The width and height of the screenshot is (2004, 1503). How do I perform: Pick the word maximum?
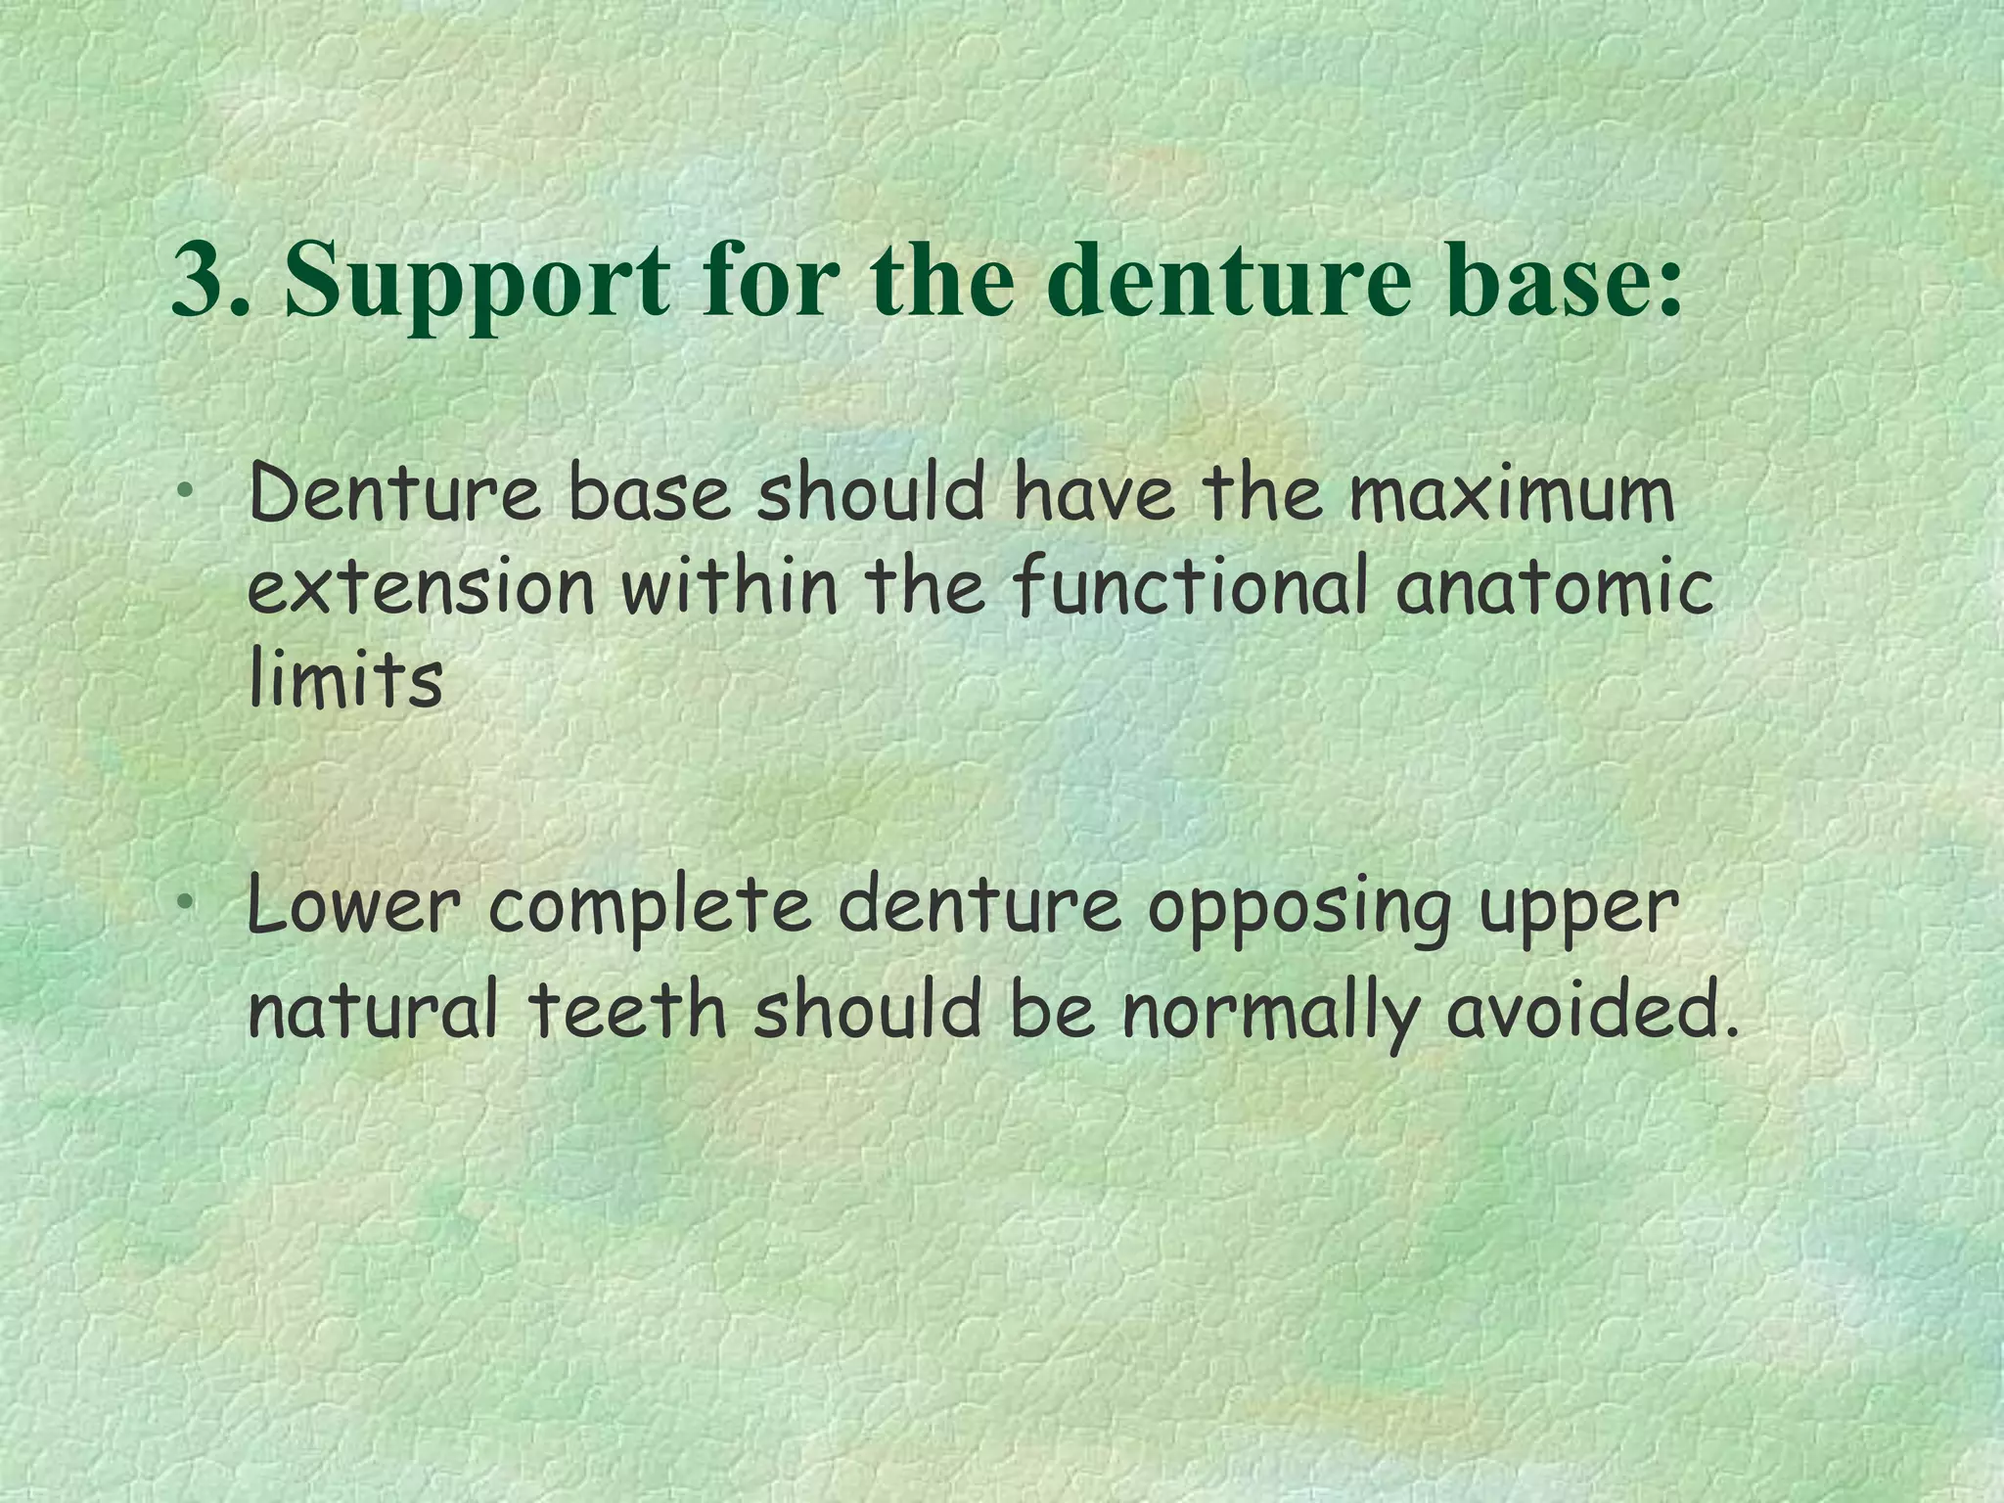tap(1511, 495)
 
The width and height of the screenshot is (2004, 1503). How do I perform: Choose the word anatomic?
tap(1555, 588)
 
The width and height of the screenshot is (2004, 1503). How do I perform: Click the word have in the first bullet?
tap(1092, 495)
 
